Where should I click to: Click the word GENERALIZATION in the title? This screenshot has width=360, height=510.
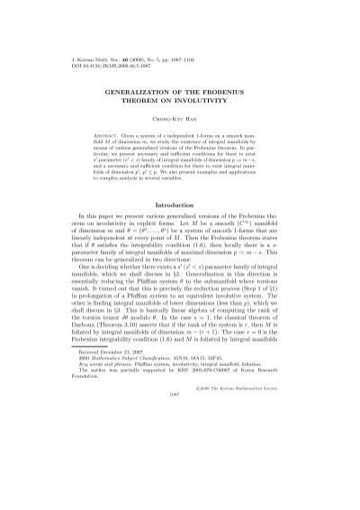[148, 92]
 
